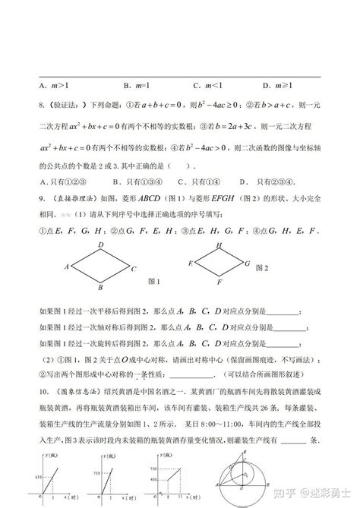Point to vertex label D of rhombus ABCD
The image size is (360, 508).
[x=100, y=244]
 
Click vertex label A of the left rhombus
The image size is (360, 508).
[x=67, y=267]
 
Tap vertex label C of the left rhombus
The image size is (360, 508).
[x=133, y=268]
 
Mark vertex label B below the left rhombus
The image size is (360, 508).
[x=100, y=288]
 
